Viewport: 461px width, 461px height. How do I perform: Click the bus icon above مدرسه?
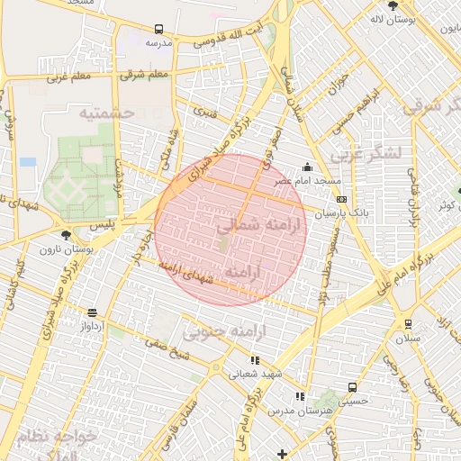click(158, 29)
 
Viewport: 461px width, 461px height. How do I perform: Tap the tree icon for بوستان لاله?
click(392, 6)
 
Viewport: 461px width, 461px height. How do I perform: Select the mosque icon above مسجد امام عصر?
click(308, 167)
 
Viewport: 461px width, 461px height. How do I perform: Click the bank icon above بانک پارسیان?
click(340, 199)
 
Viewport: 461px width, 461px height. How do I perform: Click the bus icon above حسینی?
click(351, 387)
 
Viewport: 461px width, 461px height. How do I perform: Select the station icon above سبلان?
click(408, 324)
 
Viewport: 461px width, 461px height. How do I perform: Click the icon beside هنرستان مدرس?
click(300, 396)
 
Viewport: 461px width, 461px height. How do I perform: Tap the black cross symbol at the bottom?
click(283, 454)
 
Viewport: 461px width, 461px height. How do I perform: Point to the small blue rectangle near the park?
click(28, 162)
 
